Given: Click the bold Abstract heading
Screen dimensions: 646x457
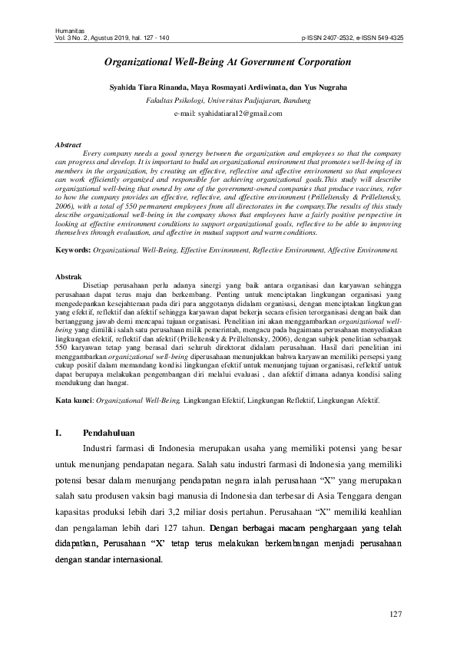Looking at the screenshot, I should pos(70,144).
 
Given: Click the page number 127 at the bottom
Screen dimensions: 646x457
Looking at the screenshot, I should pos(396,614).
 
